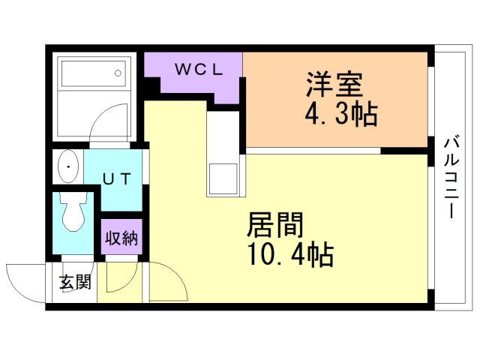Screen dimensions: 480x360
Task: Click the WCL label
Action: pyautogui.click(x=199, y=70)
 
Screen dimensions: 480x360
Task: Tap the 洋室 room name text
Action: pyautogui.click(x=335, y=85)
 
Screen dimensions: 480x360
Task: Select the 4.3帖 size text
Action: pyautogui.click(x=341, y=114)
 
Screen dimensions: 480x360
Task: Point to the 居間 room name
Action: pyautogui.click(x=275, y=225)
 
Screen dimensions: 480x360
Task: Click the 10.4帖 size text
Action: pyautogui.click(x=290, y=255)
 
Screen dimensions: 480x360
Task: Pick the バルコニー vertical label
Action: pyautogui.click(x=451, y=178)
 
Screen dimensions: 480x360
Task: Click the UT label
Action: pyautogui.click(x=117, y=179)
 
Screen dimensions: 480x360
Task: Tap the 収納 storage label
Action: pyautogui.click(x=121, y=238)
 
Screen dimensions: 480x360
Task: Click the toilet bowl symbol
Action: pyautogui.click(x=73, y=211)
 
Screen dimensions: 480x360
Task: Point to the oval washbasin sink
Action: pyautogui.click(x=68, y=166)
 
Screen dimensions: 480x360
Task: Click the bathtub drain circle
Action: pyautogui.click(x=118, y=73)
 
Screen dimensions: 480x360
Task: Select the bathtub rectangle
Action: pyautogui.click(x=94, y=73)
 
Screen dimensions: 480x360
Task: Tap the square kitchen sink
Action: pyautogui.click(x=223, y=179)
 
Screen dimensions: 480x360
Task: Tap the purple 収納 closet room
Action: pyautogui.click(x=121, y=236)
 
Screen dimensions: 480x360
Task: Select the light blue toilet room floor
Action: pyautogui.click(x=73, y=223)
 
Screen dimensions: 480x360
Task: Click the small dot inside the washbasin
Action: pyautogui.click(x=68, y=166)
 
